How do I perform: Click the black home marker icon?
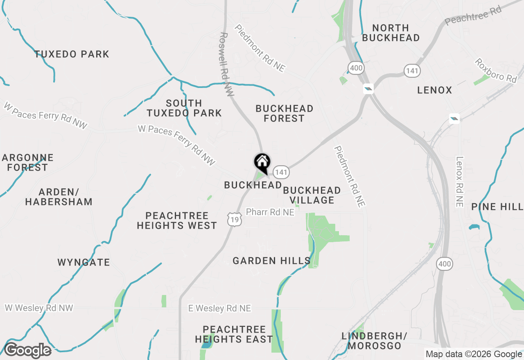[x=262, y=162]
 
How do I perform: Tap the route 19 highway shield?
[x=235, y=220]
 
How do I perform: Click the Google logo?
[x=27, y=351]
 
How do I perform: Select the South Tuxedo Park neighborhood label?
[x=184, y=108]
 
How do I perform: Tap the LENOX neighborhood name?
[x=435, y=90]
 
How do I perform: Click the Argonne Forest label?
[x=27, y=162]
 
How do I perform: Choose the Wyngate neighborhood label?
[x=84, y=262]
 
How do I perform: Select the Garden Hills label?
[x=271, y=261]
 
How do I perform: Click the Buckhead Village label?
[x=312, y=195]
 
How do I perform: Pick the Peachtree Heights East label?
[x=234, y=334]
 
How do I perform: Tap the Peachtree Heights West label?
[x=177, y=220]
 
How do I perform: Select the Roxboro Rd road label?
[x=496, y=70]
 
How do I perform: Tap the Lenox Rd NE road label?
[x=459, y=182]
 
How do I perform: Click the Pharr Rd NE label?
[x=270, y=212]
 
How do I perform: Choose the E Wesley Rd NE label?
[x=219, y=308]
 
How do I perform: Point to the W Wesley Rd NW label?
[x=39, y=308]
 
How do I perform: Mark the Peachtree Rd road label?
[x=473, y=16]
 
